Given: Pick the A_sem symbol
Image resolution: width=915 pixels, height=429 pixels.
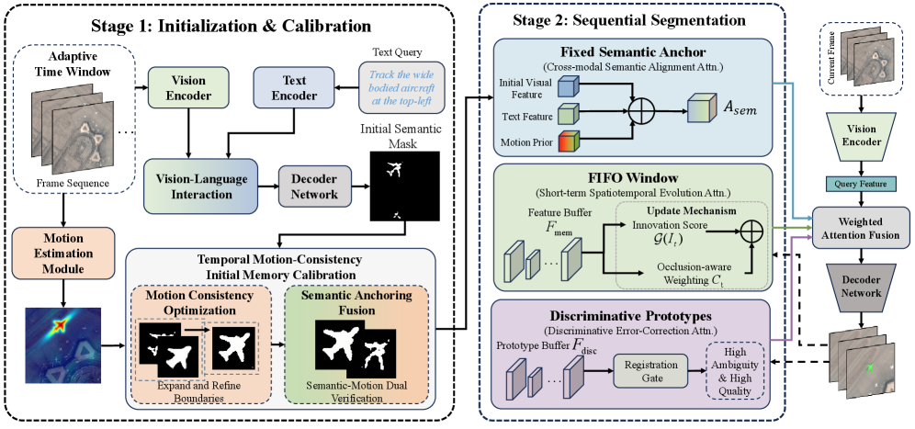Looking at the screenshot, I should (741, 107).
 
